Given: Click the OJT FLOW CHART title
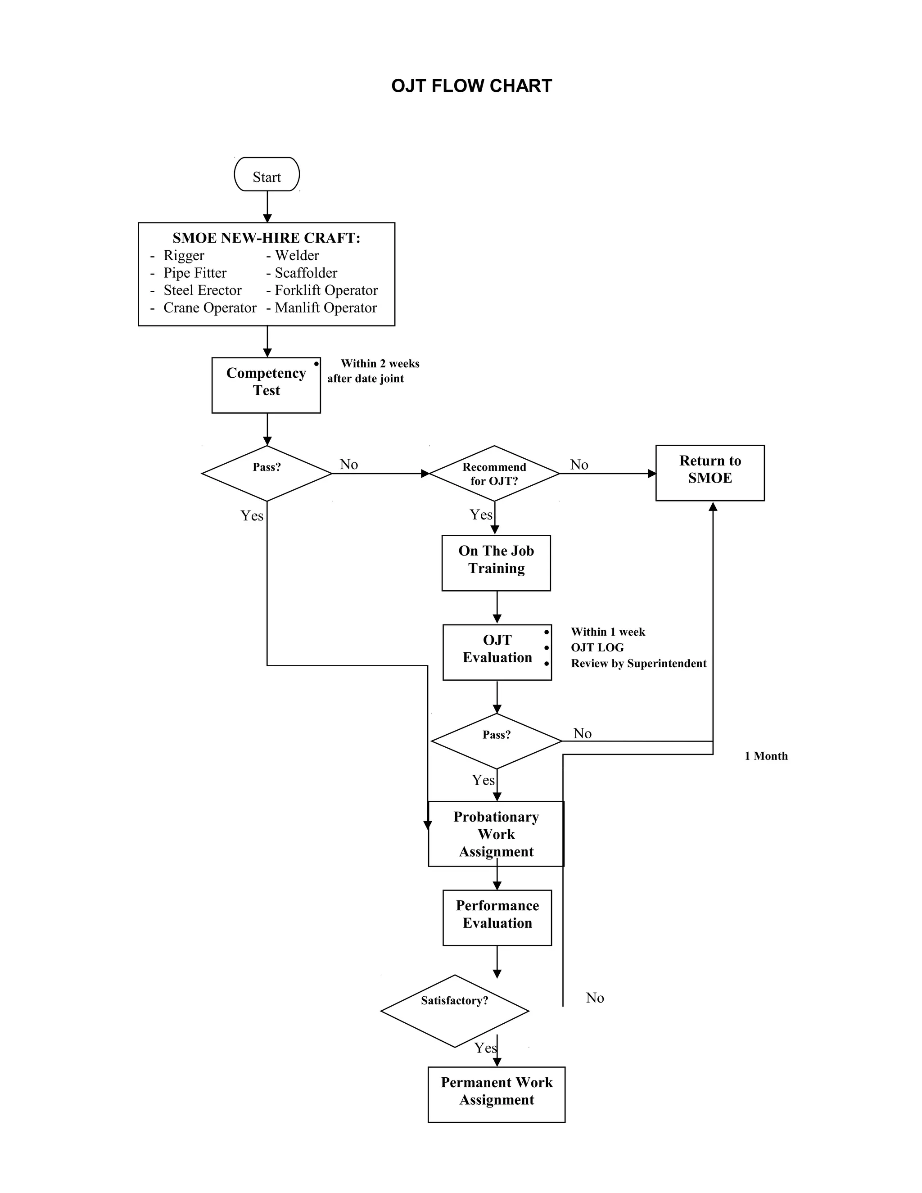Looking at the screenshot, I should click(471, 86).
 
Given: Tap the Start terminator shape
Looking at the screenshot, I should click(267, 174).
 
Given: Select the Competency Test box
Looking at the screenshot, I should click(266, 385).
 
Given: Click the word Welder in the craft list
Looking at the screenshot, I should click(297, 255).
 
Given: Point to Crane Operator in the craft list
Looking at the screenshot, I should click(210, 307).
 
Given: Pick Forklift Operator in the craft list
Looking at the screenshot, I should click(326, 290).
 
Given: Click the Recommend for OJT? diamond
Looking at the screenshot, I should click(494, 474).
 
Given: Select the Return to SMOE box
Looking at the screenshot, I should click(710, 473).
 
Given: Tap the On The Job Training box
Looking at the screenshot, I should click(496, 563).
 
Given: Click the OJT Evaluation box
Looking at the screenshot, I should click(497, 652).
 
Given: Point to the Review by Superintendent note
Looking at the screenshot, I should click(638, 663).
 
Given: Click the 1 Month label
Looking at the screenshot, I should click(766, 756).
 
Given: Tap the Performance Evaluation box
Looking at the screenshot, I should click(497, 917).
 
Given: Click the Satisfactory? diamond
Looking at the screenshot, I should click(454, 1011).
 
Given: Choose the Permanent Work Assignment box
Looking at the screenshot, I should click(496, 1094).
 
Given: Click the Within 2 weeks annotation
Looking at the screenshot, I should click(380, 364).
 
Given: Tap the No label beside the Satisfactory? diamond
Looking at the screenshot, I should click(595, 998).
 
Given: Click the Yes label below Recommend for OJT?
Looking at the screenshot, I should click(481, 515).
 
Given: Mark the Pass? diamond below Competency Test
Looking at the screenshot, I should click(267, 473).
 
